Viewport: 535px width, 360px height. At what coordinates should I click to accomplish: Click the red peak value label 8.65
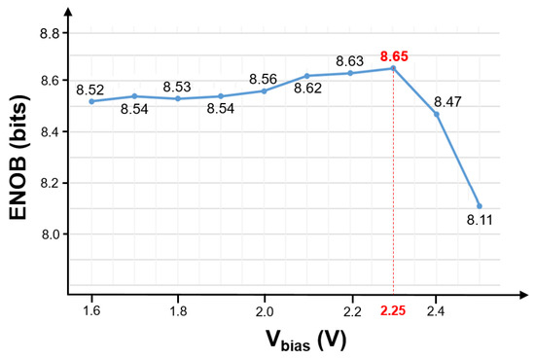tap(395, 55)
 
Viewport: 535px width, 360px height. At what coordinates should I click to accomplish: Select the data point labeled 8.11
tap(480, 205)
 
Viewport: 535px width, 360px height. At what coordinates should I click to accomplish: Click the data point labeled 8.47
tap(436, 114)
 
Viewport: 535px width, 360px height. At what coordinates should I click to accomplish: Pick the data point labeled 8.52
tap(91, 101)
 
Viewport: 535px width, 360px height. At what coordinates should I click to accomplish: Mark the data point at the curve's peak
tap(393, 68)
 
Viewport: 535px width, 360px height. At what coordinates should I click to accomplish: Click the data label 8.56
tap(264, 79)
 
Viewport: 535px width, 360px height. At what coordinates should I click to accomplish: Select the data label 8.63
tap(350, 59)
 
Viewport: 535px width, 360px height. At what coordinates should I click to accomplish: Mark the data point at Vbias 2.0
tap(264, 90)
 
